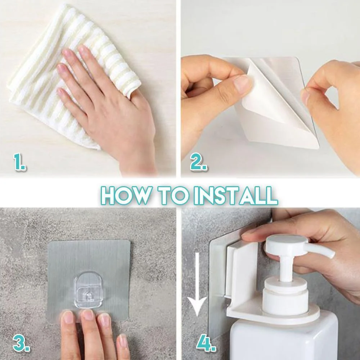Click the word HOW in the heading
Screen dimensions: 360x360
[125, 195]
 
